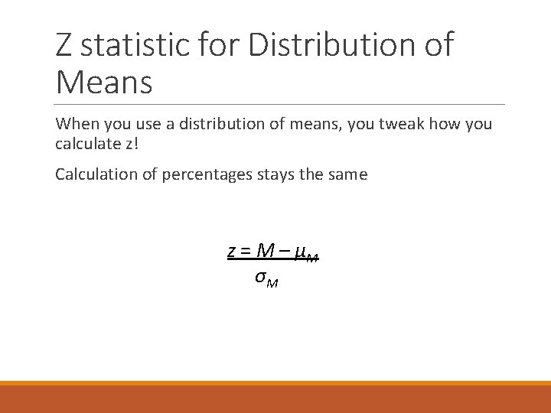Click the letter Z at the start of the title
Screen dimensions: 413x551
pyautogui.click(x=65, y=45)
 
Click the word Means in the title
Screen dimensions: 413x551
pyautogui.click(x=104, y=82)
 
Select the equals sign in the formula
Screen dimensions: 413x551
pyautogui.click(x=246, y=251)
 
